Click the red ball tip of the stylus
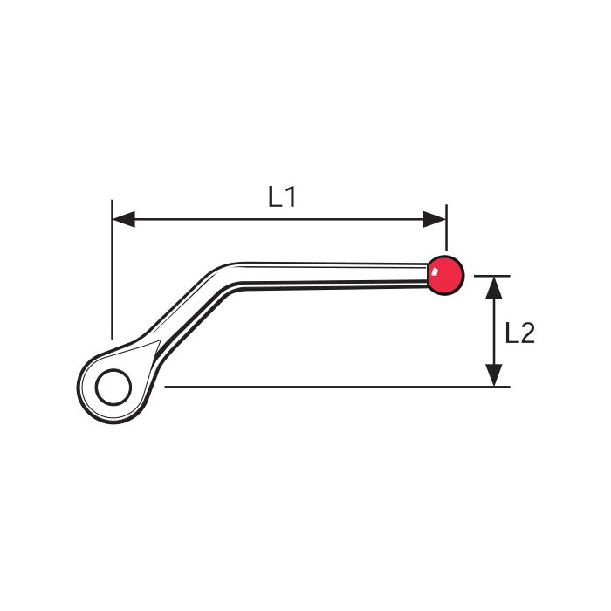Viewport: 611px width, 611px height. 446,275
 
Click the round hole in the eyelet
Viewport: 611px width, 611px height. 113,388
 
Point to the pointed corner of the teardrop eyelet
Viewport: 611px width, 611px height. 160,341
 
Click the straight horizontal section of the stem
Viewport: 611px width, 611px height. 335,275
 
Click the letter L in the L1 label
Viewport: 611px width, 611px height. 275,196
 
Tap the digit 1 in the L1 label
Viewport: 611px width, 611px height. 291,196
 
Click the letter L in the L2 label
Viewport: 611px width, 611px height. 511,333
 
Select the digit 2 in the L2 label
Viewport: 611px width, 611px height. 527,333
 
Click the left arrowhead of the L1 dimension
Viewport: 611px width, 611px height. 124,219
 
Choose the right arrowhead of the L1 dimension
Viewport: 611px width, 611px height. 435,219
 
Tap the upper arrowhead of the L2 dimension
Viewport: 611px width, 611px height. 494,287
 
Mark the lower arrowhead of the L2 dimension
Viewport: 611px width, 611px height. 494,375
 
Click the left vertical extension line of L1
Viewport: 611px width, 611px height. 113,270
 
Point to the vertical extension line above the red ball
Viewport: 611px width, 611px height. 447,228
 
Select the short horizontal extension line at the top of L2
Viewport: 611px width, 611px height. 491,276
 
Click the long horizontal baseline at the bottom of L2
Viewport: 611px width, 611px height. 337,387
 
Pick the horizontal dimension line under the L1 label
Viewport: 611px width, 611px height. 279,219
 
